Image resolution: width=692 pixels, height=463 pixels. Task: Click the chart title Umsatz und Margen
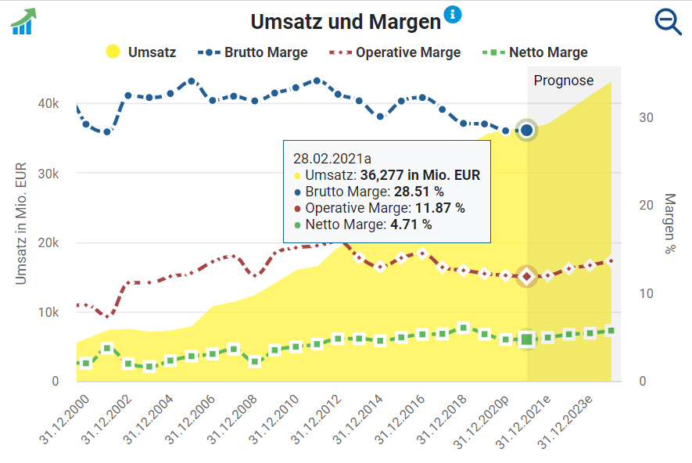click(x=346, y=22)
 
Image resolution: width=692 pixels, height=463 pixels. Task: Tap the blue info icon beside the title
click(x=453, y=14)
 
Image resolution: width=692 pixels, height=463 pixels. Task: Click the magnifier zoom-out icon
click(x=668, y=22)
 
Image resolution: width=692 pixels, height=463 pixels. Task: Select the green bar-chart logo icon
click(x=23, y=21)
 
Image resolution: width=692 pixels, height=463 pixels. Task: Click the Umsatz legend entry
click(x=141, y=52)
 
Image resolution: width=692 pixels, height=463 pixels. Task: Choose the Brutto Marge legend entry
click(x=253, y=52)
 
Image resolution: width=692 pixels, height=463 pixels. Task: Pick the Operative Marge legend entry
click(x=395, y=52)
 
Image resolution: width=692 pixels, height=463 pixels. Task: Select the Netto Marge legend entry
click(x=535, y=52)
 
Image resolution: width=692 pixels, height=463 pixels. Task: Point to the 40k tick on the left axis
click(x=50, y=104)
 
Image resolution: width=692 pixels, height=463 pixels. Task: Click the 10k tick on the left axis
click(x=50, y=313)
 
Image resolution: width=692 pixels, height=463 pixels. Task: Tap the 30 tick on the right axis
click(x=646, y=117)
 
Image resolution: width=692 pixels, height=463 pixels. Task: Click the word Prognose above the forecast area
click(x=564, y=81)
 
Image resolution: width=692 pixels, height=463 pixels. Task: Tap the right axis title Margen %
click(x=670, y=224)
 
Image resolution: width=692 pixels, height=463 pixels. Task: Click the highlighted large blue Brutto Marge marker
click(x=527, y=130)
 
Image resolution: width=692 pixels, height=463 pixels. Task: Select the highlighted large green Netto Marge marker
click(x=527, y=339)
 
